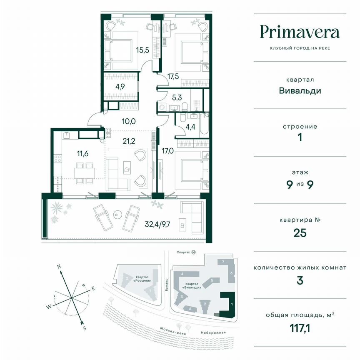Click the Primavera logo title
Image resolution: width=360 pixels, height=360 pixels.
[300, 32]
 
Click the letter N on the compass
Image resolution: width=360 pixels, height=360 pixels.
[59, 265]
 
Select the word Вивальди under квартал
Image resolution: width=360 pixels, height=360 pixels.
[300, 90]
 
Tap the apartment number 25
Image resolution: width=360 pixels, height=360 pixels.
[300, 232]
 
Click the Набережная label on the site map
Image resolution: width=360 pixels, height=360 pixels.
[212, 332]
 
